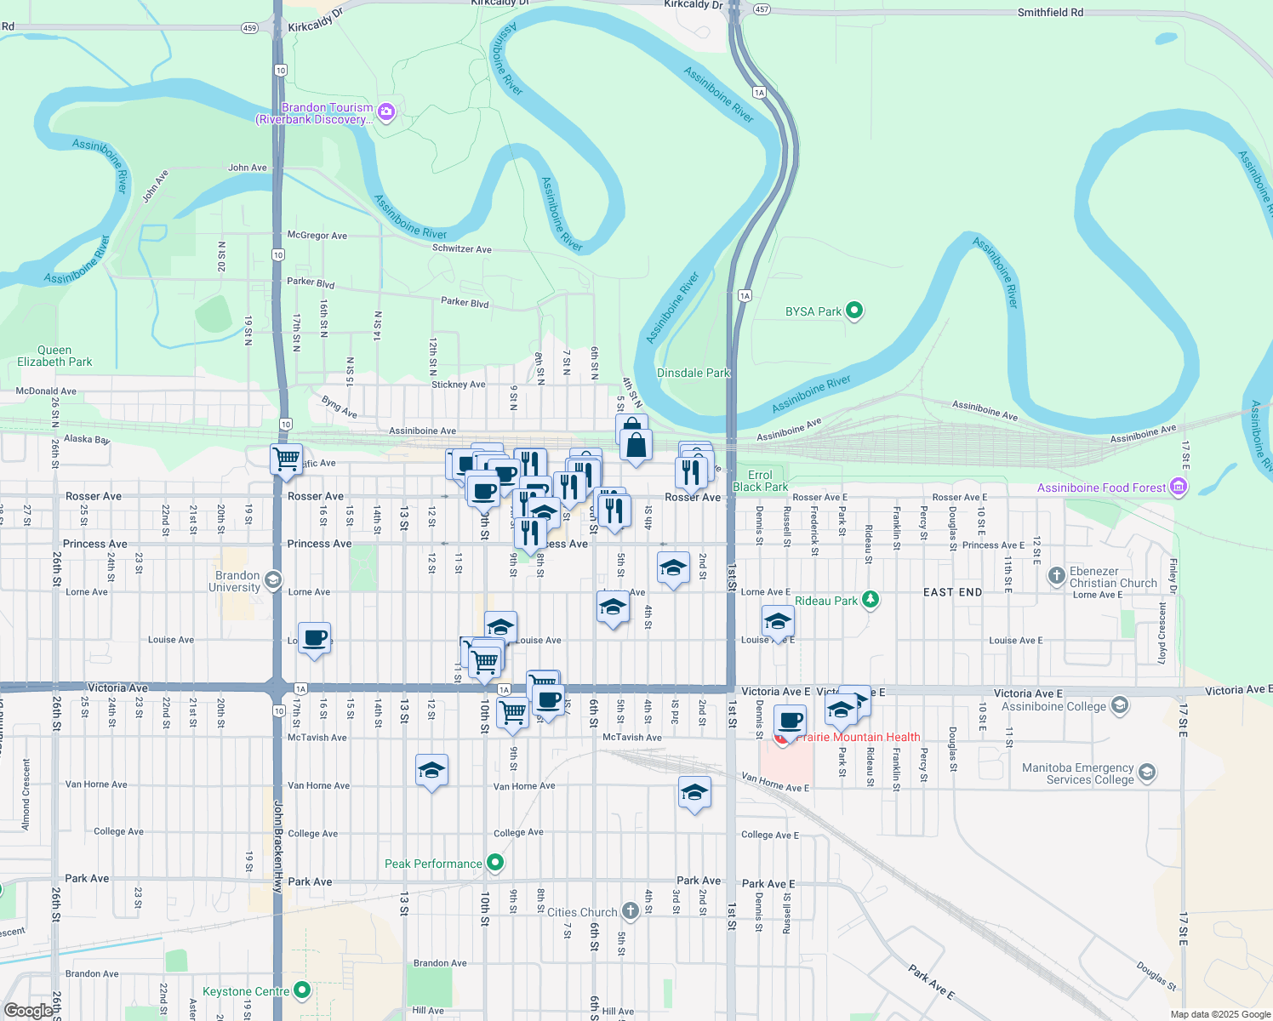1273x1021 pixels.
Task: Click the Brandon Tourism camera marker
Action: (x=386, y=113)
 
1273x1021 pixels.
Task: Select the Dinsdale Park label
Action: (x=694, y=373)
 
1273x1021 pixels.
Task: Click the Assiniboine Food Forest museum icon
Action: (x=1179, y=488)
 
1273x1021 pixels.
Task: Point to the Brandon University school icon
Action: (x=272, y=581)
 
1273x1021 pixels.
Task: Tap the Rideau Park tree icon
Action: (x=870, y=601)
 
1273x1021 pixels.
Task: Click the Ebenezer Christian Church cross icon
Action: (x=1056, y=577)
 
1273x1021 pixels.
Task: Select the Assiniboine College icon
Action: (x=1120, y=706)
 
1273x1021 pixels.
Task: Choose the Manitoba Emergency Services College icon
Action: (x=1147, y=773)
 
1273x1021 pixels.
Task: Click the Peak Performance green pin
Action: (x=495, y=864)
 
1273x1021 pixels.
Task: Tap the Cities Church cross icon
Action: (x=630, y=912)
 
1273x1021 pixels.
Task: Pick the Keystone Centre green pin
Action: (x=302, y=991)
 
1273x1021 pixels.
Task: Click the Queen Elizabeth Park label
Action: (x=54, y=356)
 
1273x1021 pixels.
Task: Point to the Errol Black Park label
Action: (x=760, y=481)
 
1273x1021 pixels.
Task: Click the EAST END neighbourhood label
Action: (x=952, y=592)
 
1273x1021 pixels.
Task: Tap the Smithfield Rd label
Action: (x=1050, y=13)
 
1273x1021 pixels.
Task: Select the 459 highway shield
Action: (x=249, y=28)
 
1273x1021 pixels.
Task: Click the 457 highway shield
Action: (x=762, y=9)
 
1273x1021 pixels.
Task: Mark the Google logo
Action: (x=28, y=1011)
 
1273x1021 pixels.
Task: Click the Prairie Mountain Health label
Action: (x=858, y=737)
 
